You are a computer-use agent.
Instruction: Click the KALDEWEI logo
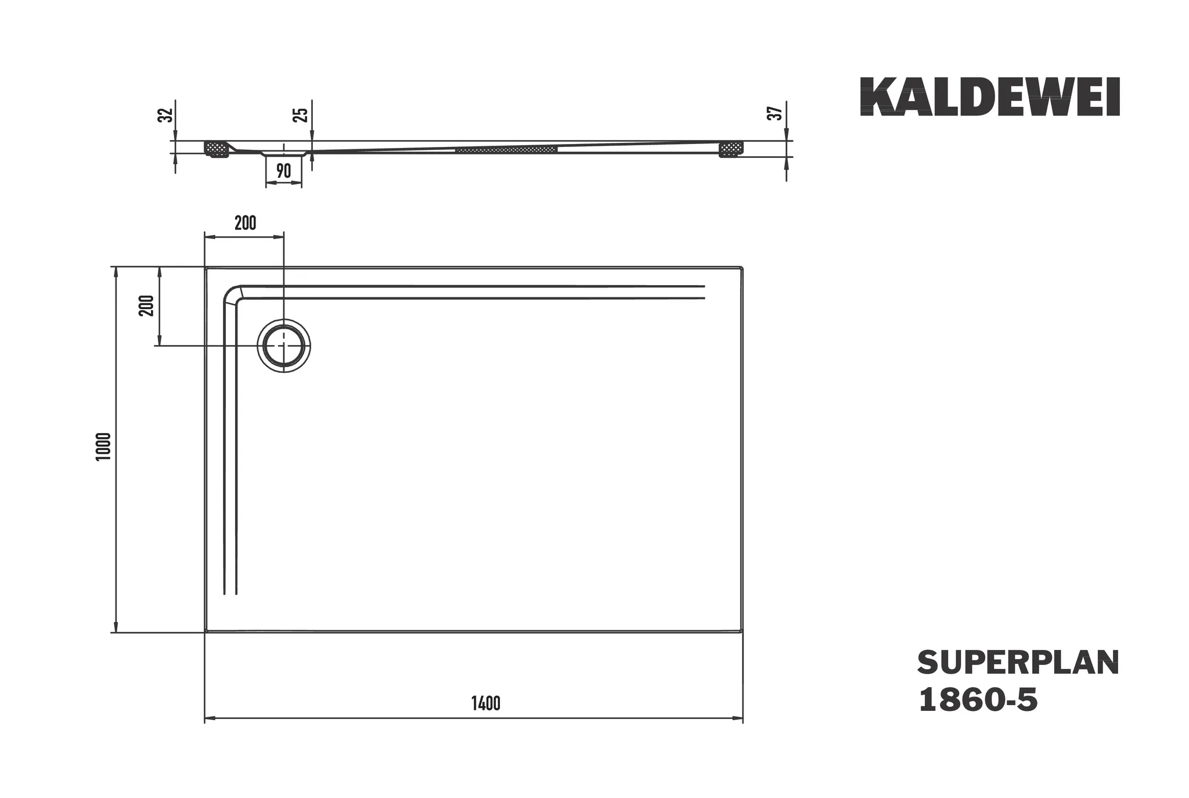point(989,97)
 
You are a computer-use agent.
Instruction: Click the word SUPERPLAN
point(1018,663)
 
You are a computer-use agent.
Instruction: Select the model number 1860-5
point(978,700)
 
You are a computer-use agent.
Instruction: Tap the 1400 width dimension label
point(485,704)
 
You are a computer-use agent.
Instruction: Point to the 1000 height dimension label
point(103,447)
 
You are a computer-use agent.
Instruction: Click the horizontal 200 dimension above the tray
point(245,223)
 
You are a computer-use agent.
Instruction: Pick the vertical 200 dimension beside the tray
point(147,305)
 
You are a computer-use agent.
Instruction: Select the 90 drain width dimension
point(283,171)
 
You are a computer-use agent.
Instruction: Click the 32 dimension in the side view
point(166,115)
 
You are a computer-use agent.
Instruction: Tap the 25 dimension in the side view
point(300,114)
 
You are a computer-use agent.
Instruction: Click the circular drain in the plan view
point(284,345)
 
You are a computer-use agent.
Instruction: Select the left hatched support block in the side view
point(217,149)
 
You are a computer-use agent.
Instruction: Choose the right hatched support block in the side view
point(731,149)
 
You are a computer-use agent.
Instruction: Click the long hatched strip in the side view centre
point(506,150)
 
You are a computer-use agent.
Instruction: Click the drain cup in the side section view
point(283,154)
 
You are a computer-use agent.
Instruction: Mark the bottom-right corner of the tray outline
point(742,631)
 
